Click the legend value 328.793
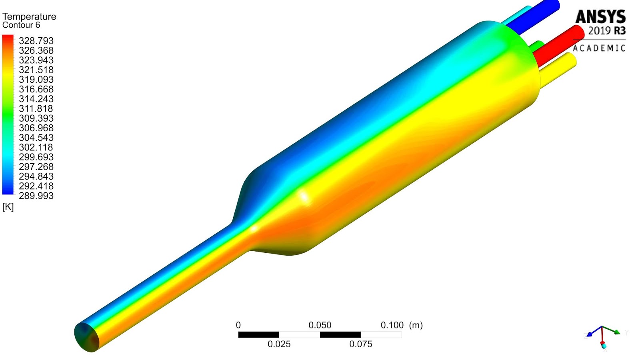pyautogui.click(x=36, y=41)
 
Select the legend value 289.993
pyautogui.click(x=36, y=196)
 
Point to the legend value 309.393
pyautogui.click(x=36, y=118)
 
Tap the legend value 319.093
pyautogui.click(x=36, y=80)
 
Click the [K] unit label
pyautogui.click(x=8, y=207)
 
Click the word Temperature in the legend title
pyautogui.click(x=29, y=16)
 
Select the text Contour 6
pyautogui.click(x=21, y=25)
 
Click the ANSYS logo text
pyautogui.click(x=600, y=17)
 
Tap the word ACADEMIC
pyautogui.click(x=599, y=48)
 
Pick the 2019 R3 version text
pyautogui.click(x=606, y=31)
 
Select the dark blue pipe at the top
pyautogui.click(x=536, y=18)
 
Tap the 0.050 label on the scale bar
pyautogui.click(x=320, y=325)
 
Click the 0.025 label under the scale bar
pyautogui.click(x=279, y=344)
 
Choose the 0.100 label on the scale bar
pyautogui.click(x=392, y=325)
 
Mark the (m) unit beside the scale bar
pyautogui.click(x=416, y=325)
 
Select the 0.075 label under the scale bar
pyautogui.click(x=360, y=344)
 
